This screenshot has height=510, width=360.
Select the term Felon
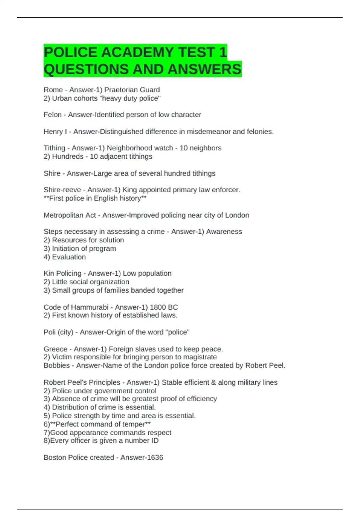click(52, 115)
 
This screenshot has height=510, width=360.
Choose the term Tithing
click(54, 148)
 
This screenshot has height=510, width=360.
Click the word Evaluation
click(69, 257)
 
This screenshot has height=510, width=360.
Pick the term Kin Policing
click(62, 273)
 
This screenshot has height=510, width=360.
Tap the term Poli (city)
click(58, 332)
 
